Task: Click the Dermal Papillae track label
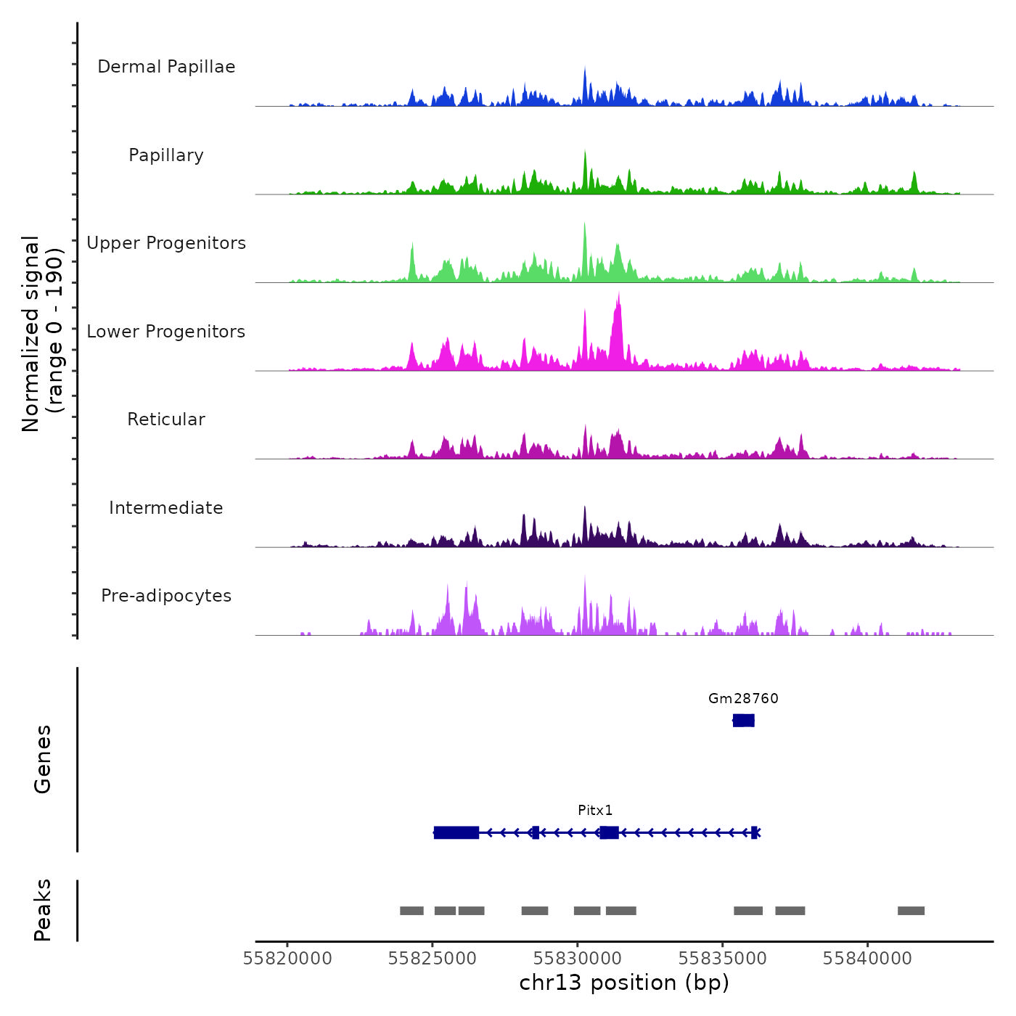point(166,67)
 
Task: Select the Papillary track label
point(166,155)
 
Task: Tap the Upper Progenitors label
point(166,243)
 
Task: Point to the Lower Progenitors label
point(166,332)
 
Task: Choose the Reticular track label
point(166,419)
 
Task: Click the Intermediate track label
point(166,508)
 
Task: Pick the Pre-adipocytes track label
point(166,596)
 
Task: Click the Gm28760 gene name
point(743,698)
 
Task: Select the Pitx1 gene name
point(595,810)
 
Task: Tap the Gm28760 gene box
point(743,720)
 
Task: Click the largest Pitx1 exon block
point(456,832)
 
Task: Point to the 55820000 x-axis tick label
point(287,958)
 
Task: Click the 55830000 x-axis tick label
point(578,958)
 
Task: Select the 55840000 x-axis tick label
point(867,958)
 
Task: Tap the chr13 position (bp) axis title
point(624,983)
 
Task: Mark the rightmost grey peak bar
point(911,911)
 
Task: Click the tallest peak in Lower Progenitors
point(618,295)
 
